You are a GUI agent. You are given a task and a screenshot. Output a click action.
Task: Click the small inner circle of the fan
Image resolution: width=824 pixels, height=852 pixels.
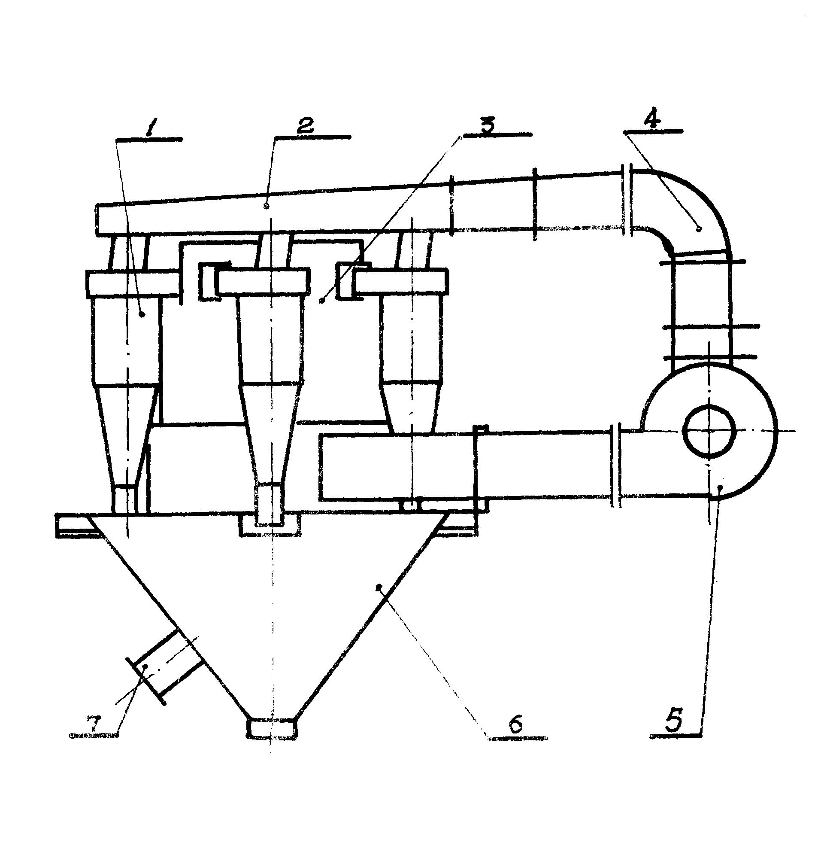pyautogui.click(x=709, y=430)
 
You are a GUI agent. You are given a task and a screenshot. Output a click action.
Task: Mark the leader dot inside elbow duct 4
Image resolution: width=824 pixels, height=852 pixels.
pyautogui.click(x=698, y=228)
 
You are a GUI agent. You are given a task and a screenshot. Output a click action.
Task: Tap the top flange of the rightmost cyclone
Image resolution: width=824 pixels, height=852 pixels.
pyautogui.click(x=400, y=282)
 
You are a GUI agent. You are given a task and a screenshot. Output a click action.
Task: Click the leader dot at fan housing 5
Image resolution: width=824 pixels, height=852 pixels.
pyautogui.click(x=720, y=488)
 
